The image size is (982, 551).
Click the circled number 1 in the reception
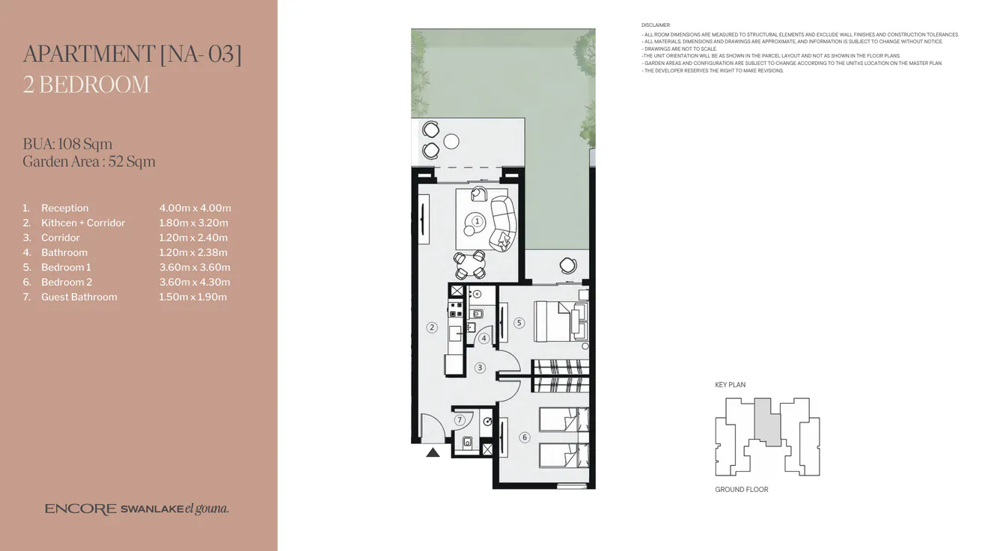[477, 221]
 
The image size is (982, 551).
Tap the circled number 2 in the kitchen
[432, 327]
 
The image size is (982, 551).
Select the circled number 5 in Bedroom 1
[519, 323]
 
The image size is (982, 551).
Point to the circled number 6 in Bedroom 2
[525, 437]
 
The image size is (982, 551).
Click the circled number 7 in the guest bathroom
[460, 420]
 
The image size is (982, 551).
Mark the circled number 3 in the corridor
[480, 367]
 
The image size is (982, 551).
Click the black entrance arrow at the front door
[433, 452]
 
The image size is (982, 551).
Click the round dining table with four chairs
[470, 264]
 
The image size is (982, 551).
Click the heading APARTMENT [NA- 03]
[132, 55]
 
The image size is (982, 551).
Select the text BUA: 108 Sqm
[67, 144]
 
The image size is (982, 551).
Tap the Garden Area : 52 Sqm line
[89, 161]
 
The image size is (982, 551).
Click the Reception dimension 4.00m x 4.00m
[195, 208]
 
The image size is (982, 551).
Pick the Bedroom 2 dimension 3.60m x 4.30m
[195, 282]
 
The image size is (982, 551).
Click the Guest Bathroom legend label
[79, 297]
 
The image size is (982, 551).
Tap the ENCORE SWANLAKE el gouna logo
[137, 509]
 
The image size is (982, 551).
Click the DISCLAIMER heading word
[656, 25]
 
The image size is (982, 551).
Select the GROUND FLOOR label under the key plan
[741, 490]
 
